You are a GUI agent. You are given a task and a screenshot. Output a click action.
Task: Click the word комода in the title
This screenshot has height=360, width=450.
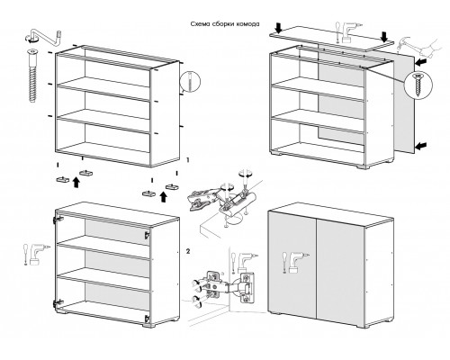coord(247,24)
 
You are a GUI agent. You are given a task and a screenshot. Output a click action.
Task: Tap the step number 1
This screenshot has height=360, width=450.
coord(188,160)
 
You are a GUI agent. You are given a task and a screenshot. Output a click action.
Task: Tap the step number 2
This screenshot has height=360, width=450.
coord(188,251)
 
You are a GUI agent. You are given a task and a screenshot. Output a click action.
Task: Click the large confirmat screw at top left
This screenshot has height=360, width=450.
coord(32,76)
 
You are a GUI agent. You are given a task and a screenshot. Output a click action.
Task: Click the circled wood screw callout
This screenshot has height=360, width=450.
coord(418,84)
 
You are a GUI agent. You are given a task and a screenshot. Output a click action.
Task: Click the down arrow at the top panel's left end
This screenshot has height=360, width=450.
coord(279,29)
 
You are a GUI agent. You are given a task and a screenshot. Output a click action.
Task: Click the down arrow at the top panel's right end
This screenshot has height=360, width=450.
coord(384,37)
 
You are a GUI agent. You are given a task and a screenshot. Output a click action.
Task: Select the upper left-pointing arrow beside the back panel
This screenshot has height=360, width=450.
coord(421,63)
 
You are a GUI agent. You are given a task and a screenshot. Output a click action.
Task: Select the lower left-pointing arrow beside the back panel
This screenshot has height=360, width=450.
coord(421,146)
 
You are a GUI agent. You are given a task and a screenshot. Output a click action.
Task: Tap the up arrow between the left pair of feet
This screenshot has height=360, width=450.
coord(76,182)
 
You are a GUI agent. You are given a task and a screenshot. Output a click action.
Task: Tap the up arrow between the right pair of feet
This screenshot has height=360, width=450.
coord(163,197)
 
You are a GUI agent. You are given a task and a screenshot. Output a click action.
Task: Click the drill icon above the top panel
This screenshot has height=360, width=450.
coord(349,31)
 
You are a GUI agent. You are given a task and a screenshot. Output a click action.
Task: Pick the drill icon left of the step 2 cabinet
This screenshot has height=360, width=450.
coord(36,255)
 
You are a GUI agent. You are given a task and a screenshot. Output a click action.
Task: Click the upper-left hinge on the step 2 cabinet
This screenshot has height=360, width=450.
coord(57,219)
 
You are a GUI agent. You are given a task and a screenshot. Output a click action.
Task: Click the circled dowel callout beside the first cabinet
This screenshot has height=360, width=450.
coord(190,81)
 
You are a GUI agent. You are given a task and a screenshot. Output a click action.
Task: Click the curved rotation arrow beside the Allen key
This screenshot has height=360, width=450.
coord(31,37)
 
